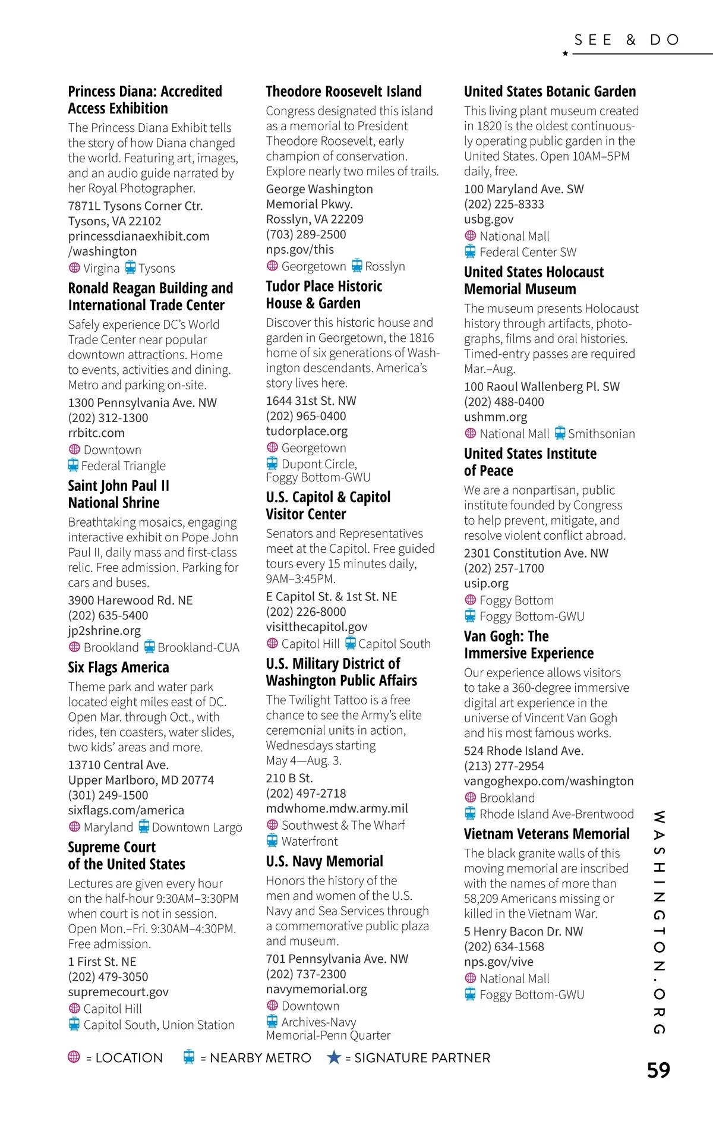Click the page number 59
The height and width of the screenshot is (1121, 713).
click(x=658, y=1070)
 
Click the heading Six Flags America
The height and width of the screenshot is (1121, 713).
click(x=118, y=667)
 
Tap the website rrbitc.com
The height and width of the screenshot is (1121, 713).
click(x=96, y=433)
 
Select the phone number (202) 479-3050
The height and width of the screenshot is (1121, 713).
click(x=108, y=977)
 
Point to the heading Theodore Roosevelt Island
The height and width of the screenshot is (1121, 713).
click(x=343, y=92)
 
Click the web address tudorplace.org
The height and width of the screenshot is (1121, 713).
click(x=307, y=431)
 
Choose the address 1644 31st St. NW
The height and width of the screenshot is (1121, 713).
click(x=311, y=401)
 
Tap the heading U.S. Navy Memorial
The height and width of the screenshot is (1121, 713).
click(x=324, y=861)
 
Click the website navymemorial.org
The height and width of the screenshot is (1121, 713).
click(x=316, y=989)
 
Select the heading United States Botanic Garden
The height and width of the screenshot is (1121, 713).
click(x=550, y=92)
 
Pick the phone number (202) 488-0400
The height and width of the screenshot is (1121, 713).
click(x=504, y=402)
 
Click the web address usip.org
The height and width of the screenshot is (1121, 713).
click(x=486, y=584)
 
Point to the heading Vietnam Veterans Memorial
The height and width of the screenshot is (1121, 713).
click(x=547, y=834)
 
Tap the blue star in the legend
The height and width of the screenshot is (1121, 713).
click(x=334, y=1057)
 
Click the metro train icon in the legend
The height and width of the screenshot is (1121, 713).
click(x=189, y=1057)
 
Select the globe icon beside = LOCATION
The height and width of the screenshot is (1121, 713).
click(x=74, y=1057)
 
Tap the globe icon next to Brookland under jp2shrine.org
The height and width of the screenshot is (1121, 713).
click(x=74, y=647)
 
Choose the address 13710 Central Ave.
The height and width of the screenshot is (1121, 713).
click(x=118, y=765)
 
